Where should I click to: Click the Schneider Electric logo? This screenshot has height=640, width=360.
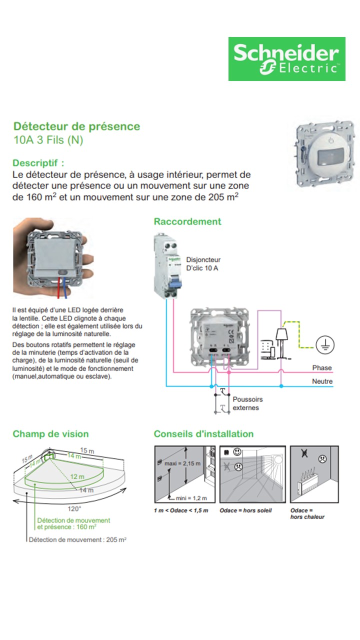[286, 58]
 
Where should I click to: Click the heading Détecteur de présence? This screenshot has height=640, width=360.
[76, 126]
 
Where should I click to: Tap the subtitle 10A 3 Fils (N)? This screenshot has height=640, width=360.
[48, 140]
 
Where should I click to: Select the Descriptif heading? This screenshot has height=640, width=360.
[38, 163]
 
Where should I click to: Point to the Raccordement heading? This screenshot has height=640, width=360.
[187, 221]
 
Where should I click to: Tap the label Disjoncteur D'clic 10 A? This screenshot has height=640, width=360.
[203, 264]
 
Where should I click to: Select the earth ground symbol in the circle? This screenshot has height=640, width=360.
[325, 344]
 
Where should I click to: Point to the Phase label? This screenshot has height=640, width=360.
[321, 368]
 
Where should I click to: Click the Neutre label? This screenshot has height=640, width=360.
[322, 381]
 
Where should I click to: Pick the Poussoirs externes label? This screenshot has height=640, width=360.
[247, 403]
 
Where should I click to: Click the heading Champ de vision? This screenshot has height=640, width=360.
[50, 434]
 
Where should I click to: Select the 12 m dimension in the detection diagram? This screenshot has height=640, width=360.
[77, 477]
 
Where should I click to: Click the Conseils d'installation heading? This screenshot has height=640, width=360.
[203, 434]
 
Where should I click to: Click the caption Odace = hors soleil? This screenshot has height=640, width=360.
[246, 510]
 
